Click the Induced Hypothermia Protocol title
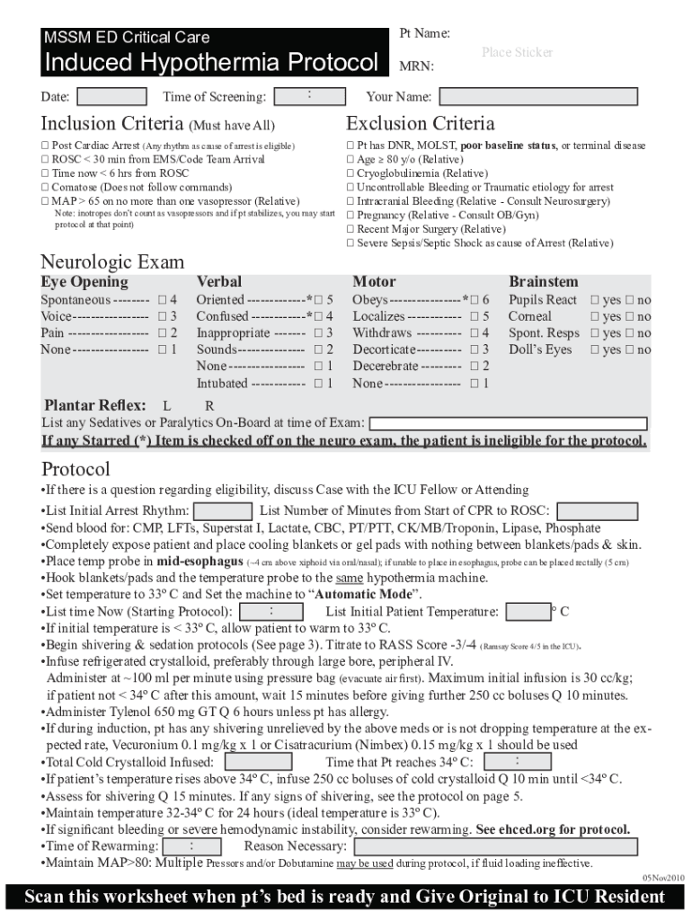tap(211, 63)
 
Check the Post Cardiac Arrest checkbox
tap(46, 146)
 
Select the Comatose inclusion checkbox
tap(46, 187)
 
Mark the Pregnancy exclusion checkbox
tap(350, 216)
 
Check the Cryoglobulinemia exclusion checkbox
tap(350, 173)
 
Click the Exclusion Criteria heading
tap(420, 123)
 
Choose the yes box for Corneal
tap(594, 316)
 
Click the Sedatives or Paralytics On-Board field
tap(508, 423)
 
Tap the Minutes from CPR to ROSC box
tap(590, 510)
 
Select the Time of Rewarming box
tap(192, 846)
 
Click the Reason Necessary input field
tap(496, 846)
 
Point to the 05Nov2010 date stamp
tap(663, 877)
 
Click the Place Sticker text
tap(517, 52)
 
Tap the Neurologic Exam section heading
tap(112, 262)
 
